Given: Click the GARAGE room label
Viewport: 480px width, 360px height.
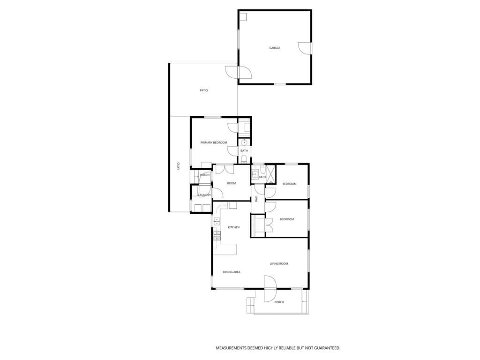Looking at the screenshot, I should click(275, 48).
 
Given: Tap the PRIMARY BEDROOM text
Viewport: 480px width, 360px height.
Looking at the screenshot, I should click(214, 142).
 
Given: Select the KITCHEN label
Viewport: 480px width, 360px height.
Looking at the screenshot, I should click(233, 227).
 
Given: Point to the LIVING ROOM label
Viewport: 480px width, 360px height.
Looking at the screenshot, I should click(279, 264).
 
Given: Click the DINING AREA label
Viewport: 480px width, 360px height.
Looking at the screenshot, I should click(232, 272).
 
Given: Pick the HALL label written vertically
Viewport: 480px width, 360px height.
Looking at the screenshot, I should click(256, 199).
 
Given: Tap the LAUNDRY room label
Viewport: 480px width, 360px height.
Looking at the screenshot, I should click(204, 195).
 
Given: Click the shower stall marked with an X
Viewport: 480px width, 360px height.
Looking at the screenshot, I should click(270, 174).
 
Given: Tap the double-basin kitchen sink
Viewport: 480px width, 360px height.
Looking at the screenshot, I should click(217, 221).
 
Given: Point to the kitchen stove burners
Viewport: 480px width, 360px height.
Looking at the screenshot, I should click(217, 235).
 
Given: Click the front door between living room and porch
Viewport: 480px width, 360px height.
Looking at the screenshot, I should click(270, 288).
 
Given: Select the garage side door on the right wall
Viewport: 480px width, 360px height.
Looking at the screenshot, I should click(305, 48).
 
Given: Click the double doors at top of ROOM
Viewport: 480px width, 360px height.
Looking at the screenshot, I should click(225, 169).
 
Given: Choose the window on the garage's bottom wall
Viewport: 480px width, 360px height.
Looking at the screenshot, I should click(280, 84).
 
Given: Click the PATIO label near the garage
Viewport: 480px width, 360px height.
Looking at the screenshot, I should click(204, 90).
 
